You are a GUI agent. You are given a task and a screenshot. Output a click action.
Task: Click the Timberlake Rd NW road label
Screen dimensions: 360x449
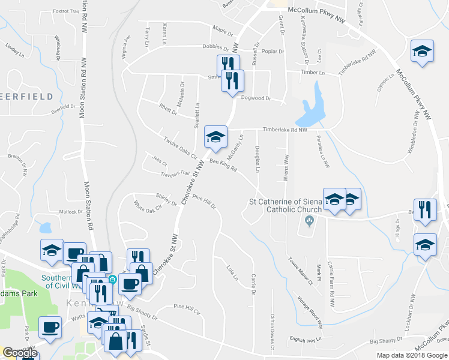click(285, 130)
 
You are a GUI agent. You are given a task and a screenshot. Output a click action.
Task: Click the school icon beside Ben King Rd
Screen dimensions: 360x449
click(215, 137)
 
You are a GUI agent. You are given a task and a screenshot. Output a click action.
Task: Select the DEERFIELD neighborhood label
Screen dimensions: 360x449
click(28, 97)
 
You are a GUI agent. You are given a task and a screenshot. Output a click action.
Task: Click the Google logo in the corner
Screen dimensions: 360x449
click(20, 353)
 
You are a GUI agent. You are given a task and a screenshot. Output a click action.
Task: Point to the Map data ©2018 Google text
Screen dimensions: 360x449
click(412, 355)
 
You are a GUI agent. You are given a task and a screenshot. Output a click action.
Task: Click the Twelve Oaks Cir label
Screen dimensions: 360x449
click(180, 148)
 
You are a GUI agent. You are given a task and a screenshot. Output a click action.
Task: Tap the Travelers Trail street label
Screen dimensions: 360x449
click(175, 175)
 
